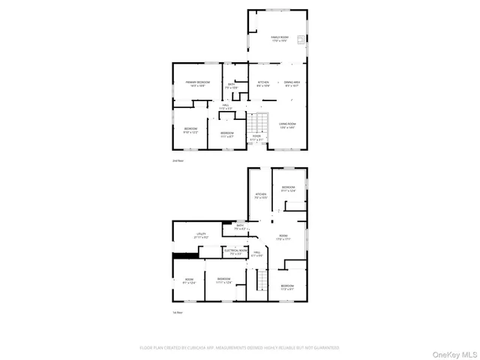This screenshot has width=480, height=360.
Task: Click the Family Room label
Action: [x=277, y=39]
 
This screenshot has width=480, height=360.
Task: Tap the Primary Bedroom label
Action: [x=197, y=83]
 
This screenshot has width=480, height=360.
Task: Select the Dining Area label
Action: [x=292, y=83]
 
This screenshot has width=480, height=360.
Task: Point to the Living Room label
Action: [x=287, y=125]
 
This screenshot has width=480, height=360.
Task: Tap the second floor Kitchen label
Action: [x=263, y=83]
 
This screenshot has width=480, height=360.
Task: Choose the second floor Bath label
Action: [x=232, y=85]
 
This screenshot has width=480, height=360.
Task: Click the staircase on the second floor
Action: [x=259, y=123]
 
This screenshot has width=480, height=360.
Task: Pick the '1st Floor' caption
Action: [x=178, y=313]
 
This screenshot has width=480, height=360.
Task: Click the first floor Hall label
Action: [x=256, y=254]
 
